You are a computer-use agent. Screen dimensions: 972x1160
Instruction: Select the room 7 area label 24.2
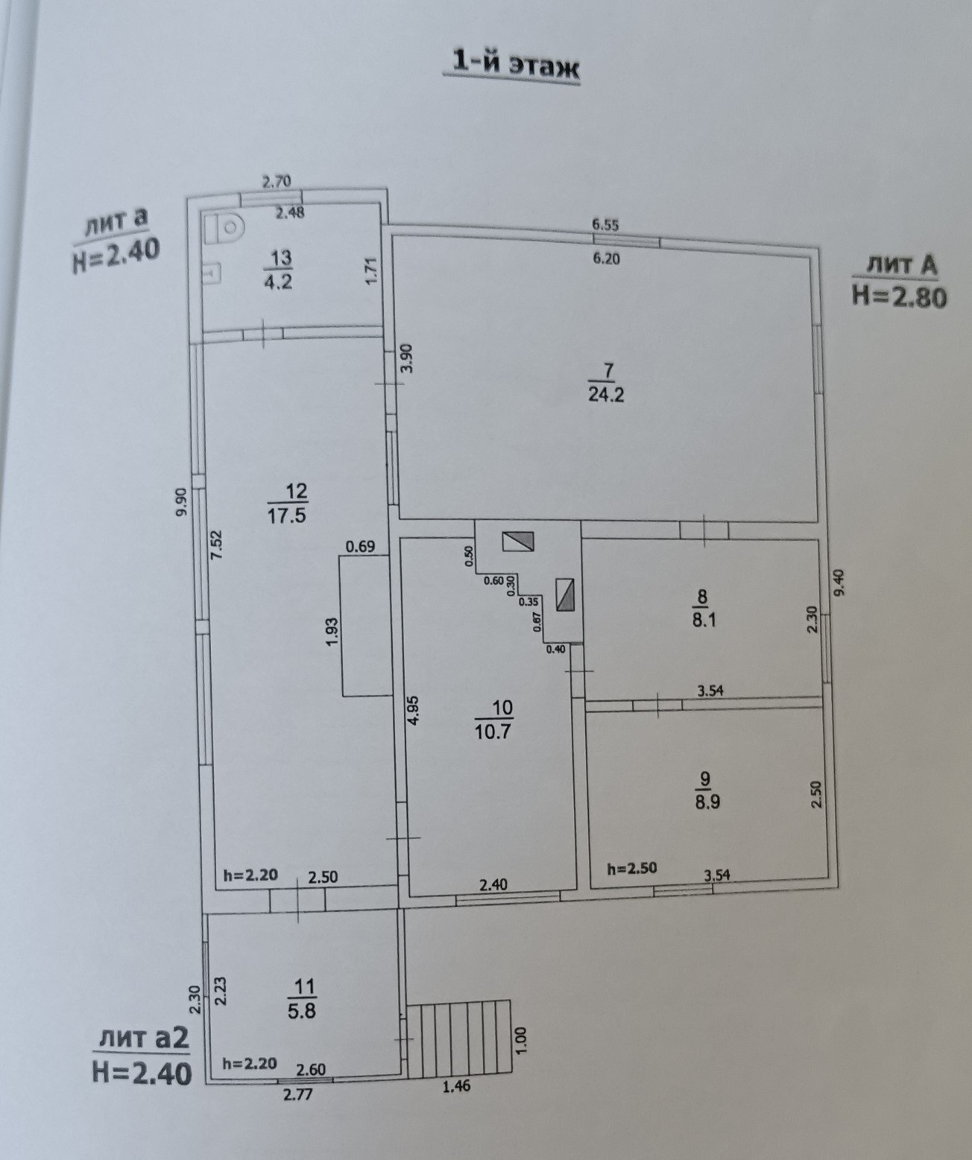click(606, 394)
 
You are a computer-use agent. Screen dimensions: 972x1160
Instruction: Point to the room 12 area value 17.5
click(287, 514)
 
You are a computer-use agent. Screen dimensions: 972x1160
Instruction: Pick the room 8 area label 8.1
click(704, 619)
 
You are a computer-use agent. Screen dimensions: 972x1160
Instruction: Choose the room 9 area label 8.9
click(705, 802)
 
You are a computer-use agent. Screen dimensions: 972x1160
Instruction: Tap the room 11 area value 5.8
click(301, 1011)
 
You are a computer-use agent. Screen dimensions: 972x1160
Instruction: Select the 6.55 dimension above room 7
click(605, 224)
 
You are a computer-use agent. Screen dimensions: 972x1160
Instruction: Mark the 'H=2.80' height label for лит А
click(899, 297)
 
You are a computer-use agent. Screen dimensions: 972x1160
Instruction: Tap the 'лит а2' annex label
click(142, 1038)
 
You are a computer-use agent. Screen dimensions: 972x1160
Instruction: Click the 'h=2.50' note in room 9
click(631, 868)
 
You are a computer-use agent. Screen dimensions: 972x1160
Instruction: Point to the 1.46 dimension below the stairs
click(456, 1087)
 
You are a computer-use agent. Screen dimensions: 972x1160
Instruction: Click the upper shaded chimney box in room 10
click(518, 541)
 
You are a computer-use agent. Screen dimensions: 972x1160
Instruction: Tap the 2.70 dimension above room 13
click(276, 180)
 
